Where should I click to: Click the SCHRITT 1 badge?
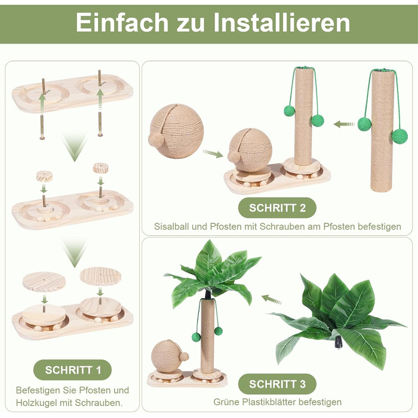tap(72, 370)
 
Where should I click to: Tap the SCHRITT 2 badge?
tap(277, 208)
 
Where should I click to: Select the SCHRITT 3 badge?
tap(277, 384)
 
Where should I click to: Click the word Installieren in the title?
tap(281, 23)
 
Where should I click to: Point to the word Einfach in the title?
tap(122, 23)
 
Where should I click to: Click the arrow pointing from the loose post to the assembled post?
tap(344, 124)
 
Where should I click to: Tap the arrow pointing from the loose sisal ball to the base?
tap(213, 153)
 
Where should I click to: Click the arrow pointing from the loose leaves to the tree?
tap(271, 299)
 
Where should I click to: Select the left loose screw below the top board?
tap(42, 127)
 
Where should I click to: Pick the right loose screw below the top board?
tap(100, 124)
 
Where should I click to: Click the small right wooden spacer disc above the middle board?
tap(101, 168)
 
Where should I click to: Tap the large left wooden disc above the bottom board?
tap(44, 281)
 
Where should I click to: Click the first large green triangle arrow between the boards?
tap(75, 146)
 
